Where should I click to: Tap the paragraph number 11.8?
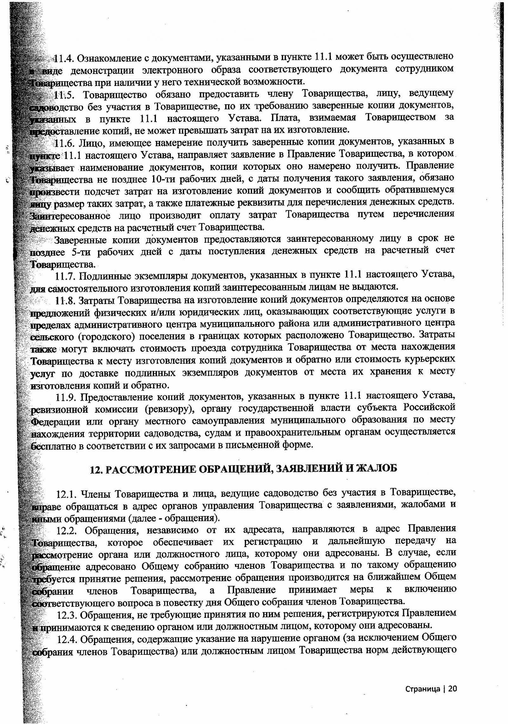[x=65, y=300]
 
